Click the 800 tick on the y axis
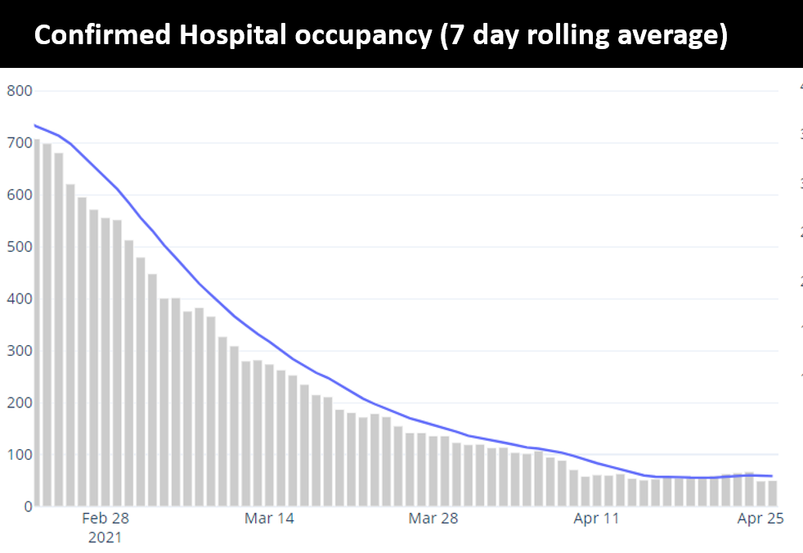point(20,91)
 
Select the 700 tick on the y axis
point(20,143)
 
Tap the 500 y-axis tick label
point(20,247)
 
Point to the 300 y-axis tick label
point(20,351)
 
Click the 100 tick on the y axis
point(20,455)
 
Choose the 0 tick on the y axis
point(27,506)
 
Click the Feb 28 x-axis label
point(105,519)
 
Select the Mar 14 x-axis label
point(269,519)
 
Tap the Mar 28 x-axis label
point(433,519)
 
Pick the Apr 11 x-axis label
point(597,519)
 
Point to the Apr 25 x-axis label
point(760,519)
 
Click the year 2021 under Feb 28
point(105,537)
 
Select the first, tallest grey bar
point(36,323)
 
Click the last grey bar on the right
point(773,493)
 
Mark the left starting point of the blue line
point(34,125)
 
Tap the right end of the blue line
point(773,476)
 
